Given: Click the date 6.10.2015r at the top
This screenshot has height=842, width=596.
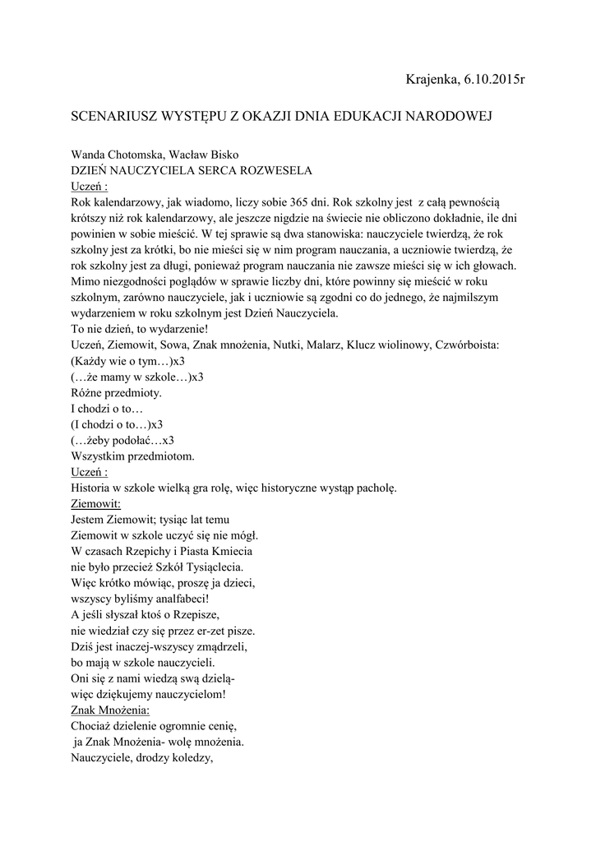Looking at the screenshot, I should click(x=492, y=79).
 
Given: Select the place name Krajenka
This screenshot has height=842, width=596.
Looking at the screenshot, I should click(x=431, y=79).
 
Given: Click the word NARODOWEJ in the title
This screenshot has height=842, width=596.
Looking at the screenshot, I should click(x=451, y=118).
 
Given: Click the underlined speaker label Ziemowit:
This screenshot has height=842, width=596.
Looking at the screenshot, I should click(x=96, y=503).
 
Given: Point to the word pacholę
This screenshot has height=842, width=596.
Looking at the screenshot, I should click(x=373, y=488).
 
